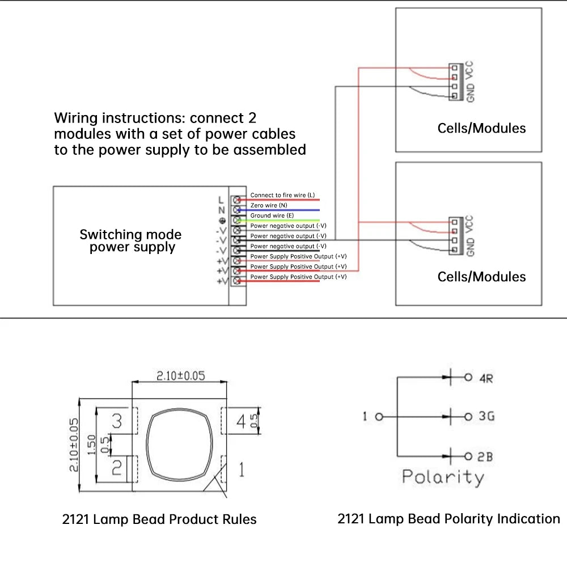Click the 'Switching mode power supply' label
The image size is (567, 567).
click(130, 241)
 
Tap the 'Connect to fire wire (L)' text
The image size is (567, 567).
click(282, 195)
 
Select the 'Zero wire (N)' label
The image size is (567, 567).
click(269, 205)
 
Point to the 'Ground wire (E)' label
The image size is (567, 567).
click(272, 215)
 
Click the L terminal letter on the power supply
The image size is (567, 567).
click(221, 200)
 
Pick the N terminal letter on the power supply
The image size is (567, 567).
click(221, 210)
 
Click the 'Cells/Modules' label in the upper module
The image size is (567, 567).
click(481, 128)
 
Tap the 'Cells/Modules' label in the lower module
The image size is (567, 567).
click(481, 277)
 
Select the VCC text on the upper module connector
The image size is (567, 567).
click(469, 70)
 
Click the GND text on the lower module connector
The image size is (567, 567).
click(470, 247)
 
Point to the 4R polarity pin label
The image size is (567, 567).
click(486, 378)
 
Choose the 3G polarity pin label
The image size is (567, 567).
click(486, 417)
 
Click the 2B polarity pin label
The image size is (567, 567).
click(485, 457)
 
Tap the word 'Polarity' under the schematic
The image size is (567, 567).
click(443, 477)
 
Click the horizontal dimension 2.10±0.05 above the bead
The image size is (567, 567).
click(180, 375)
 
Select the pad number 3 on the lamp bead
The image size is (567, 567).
click(117, 421)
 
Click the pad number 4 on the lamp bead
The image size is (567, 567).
click(240, 422)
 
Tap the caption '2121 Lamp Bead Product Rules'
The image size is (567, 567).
click(159, 519)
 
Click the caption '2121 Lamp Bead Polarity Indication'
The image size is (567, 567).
click(448, 518)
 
